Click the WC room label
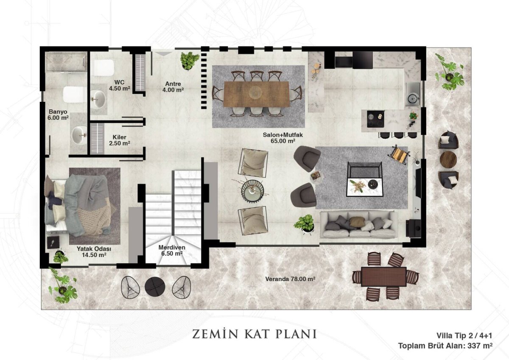(x=119, y=85)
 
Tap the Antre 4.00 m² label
(x=173, y=87)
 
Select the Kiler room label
(x=119, y=140)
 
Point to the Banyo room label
(x=58, y=115)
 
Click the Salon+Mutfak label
(x=283, y=138)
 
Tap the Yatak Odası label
(x=94, y=251)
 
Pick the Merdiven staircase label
(x=172, y=250)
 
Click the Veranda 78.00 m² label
(x=290, y=279)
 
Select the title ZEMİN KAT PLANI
(x=254, y=334)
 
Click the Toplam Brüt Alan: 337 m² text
(x=445, y=346)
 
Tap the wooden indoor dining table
(x=256, y=94)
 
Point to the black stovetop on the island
(x=375, y=119)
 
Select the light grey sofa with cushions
(x=358, y=224)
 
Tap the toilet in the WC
(x=103, y=68)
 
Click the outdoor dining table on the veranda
(x=383, y=276)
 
